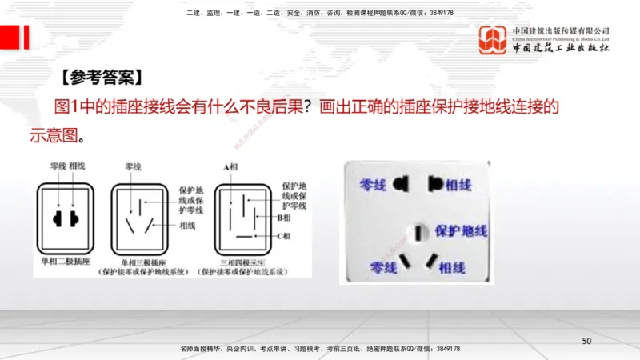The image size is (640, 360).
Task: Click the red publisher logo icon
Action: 492,39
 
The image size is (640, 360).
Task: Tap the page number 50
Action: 586,342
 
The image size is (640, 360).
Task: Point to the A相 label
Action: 232,166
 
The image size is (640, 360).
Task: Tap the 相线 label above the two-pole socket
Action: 78,166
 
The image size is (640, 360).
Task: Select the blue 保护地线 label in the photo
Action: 462,231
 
